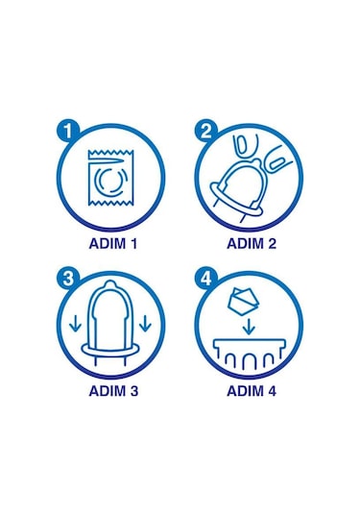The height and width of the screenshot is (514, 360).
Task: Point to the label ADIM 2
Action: point(250,243)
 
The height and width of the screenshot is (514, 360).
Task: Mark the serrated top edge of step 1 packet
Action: point(110,154)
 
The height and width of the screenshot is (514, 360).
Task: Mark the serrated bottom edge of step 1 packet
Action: point(110,208)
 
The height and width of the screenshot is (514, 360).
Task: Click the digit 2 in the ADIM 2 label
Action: point(273,243)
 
